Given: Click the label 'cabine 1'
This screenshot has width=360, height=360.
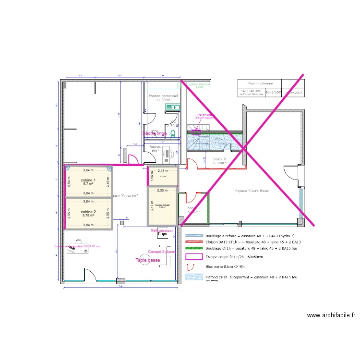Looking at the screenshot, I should (88, 180).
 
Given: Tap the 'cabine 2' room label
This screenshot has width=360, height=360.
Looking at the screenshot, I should (88, 212).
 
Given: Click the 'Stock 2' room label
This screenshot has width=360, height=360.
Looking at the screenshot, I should (219, 158).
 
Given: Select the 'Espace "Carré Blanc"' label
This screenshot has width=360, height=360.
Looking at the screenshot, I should (252, 191).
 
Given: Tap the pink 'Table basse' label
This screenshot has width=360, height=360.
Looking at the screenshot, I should (148, 260).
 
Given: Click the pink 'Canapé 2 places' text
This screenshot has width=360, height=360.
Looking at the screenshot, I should (161, 252).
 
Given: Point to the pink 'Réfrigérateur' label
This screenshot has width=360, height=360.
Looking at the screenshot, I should (161, 231).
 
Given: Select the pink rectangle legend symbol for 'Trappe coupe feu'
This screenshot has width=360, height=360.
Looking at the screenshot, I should (194, 257).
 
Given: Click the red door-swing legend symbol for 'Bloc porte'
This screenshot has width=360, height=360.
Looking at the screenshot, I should (194, 266).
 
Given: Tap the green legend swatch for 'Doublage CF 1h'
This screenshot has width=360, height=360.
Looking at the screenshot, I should (194, 248).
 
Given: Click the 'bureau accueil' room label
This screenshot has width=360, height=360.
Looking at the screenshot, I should (162, 204).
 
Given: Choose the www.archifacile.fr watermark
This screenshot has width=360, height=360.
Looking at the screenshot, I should (331, 315).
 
